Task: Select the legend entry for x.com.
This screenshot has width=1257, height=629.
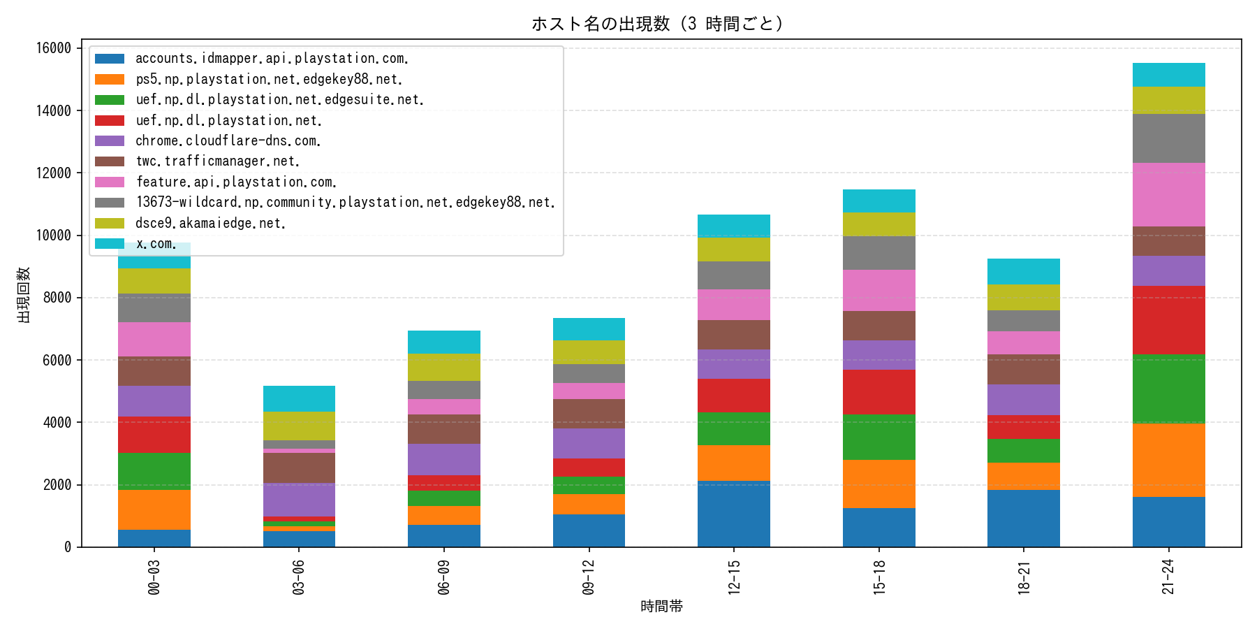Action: tap(156, 244)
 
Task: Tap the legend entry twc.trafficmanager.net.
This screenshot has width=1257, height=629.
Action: tap(217, 161)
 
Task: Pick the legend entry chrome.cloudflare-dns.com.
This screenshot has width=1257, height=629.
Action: tap(228, 141)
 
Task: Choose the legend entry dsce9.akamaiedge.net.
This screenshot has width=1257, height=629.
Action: tap(210, 223)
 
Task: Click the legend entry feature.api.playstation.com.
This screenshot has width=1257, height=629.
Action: tap(236, 182)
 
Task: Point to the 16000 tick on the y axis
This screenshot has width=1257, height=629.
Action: tap(54, 48)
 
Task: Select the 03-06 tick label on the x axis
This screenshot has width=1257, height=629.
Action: tap(299, 577)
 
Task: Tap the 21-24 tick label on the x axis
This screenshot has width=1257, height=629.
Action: tap(1168, 577)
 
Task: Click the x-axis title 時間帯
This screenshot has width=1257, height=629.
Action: tap(661, 607)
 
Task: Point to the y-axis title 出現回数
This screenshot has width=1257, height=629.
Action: tap(24, 294)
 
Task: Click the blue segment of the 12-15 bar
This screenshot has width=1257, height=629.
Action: tap(733, 514)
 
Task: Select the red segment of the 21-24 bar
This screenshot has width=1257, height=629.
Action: tap(1168, 320)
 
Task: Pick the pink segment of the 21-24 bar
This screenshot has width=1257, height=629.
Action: tap(1168, 194)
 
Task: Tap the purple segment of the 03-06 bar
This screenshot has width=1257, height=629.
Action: tap(299, 500)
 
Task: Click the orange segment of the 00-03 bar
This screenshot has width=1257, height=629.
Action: tap(154, 509)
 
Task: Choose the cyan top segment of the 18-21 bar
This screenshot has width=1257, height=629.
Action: tap(1023, 271)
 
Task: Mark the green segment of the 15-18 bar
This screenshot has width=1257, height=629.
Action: tap(879, 437)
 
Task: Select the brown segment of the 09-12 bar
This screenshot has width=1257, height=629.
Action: tap(589, 414)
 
